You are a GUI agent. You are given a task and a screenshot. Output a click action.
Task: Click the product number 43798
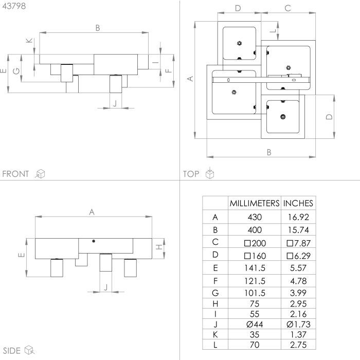[14, 6]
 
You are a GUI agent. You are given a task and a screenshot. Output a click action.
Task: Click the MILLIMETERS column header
[255, 203]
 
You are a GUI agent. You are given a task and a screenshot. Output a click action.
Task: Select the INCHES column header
[298, 203]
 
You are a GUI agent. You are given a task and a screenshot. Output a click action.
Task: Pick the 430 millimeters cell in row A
[255, 217]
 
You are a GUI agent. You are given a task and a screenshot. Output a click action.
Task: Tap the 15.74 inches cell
[298, 230]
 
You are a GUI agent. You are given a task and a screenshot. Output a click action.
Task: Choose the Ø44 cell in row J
[255, 324]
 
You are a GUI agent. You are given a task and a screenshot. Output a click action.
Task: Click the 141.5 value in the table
[255, 268]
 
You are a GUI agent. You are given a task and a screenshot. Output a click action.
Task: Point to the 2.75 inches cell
[298, 345]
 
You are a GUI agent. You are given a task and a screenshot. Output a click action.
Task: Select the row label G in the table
[215, 293]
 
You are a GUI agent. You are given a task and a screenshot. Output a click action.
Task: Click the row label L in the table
[215, 345]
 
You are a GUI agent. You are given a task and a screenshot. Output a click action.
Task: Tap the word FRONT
[15, 174]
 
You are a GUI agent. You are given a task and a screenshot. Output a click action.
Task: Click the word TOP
[191, 174]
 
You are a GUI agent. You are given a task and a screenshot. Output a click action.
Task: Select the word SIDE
[12, 351]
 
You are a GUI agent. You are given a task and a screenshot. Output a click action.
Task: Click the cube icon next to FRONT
[40, 174]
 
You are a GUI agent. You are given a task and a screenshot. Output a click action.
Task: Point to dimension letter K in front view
[29, 41]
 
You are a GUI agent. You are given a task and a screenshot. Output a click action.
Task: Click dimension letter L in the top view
[273, 31]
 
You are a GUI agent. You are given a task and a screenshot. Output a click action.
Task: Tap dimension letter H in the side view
[159, 247]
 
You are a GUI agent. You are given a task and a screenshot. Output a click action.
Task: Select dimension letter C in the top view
[287, 8]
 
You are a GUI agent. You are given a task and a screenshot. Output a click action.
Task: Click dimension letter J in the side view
[106, 287]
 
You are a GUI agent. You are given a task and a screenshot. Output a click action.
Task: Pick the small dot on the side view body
[94, 241]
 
